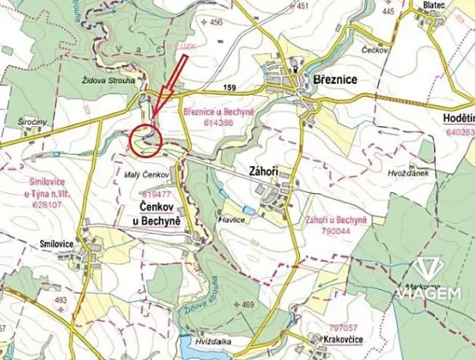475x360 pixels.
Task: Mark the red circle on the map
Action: point(145,138)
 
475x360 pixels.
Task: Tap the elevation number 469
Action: point(246,305)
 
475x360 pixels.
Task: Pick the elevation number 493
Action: point(60,301)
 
